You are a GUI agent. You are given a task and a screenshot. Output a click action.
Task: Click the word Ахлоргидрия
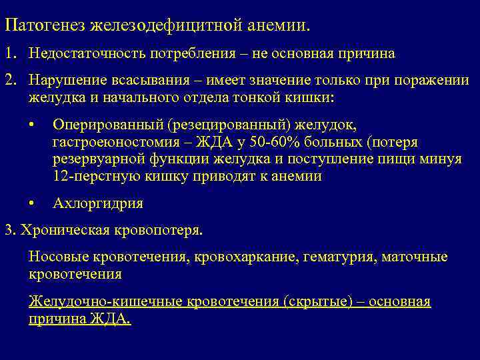97,203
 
